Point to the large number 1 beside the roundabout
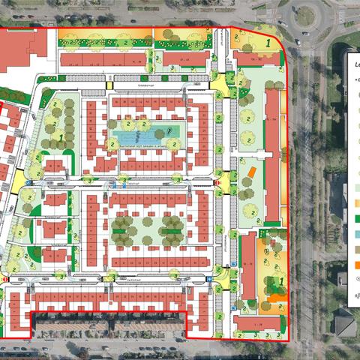(x=268, y=43)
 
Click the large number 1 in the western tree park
(x=60, y=137)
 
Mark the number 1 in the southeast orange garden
(x=280, y=282)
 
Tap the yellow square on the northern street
(x=109, y=85)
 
